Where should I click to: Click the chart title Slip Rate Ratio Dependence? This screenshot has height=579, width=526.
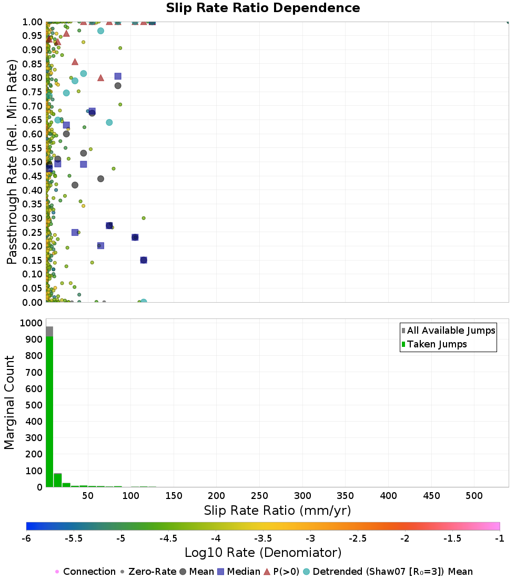[x=263, y=8]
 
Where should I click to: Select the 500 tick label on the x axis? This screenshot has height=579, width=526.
[x=474, y=496]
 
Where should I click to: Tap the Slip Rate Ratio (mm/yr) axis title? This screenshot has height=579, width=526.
[x=277, y=511]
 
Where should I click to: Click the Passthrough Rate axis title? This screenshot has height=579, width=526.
[x=13, y=162]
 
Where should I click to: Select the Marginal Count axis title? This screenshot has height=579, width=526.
[x=9, y=403]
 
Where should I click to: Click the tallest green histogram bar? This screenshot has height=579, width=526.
[x=49, y=411]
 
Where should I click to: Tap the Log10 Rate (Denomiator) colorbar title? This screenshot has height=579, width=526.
[x=263, y=553]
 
